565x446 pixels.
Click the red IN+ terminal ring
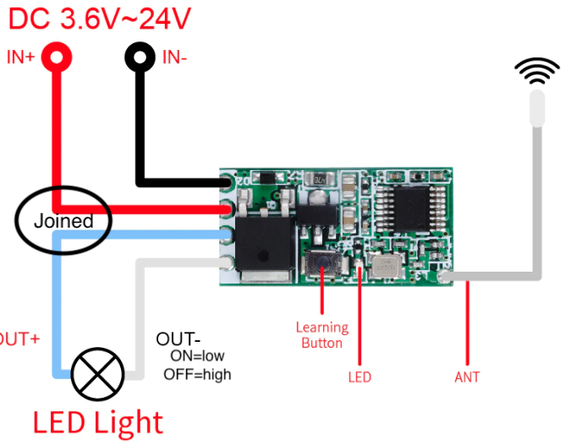[x=57, y=58]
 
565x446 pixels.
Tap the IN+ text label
[x=21, y=58]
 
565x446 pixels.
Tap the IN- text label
[x=175, y=58]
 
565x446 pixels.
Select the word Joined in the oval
[x=63, y=222]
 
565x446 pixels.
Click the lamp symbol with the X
[x=98, y=373]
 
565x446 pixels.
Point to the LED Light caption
[x=97, y=421]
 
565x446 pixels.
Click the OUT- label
[x=178, y=339]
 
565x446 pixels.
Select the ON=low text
[x=197, y=356]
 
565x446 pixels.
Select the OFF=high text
[x=197, y=374]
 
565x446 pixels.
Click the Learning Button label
[x=321, y=335]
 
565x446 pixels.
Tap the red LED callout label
[x=359, y=377]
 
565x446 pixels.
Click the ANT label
[x=467, y=377]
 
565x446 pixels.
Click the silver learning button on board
[x=322, y=267]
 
